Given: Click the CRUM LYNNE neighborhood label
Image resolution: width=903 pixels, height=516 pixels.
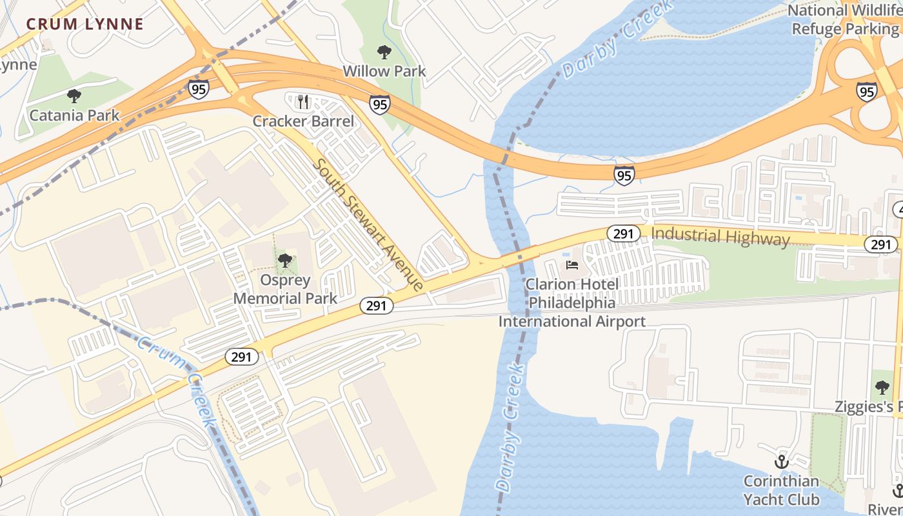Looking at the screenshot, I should tap(84, 25).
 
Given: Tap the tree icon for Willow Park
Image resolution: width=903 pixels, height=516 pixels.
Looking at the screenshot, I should tap(384, 52).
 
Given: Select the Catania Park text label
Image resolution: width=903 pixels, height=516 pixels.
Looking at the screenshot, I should tap(75, 115).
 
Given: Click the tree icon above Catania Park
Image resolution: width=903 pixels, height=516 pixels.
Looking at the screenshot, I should tap(74, 96).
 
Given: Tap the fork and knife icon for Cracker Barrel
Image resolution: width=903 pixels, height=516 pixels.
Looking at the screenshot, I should tap(304, 101).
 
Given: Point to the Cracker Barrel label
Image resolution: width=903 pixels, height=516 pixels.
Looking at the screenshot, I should tap(303, 121).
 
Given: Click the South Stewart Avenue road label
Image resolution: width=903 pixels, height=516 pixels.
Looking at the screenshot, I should tap(368, 224).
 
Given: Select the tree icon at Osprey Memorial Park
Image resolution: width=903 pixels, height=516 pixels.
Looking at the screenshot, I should tap(284, 261).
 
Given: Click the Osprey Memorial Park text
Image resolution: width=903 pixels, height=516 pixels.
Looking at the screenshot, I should tap(285, 290).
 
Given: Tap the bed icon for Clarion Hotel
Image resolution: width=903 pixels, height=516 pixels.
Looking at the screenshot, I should tap(571, 264).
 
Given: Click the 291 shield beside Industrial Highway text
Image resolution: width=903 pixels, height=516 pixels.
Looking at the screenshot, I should tap(623, 233).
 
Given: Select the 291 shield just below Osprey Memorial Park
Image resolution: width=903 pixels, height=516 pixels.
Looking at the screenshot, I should tap(375, 306).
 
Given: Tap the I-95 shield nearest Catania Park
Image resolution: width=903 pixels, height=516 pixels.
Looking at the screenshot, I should tap(199, 89).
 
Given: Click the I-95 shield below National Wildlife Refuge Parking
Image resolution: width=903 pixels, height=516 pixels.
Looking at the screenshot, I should tap(867, 92).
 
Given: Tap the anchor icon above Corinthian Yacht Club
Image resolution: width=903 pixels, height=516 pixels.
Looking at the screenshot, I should tap(781, 462).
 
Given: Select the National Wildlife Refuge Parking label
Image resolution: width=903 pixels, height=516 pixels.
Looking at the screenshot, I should tap(845, 19).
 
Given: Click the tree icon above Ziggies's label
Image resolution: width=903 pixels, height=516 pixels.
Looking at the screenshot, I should tap(882, 388).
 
